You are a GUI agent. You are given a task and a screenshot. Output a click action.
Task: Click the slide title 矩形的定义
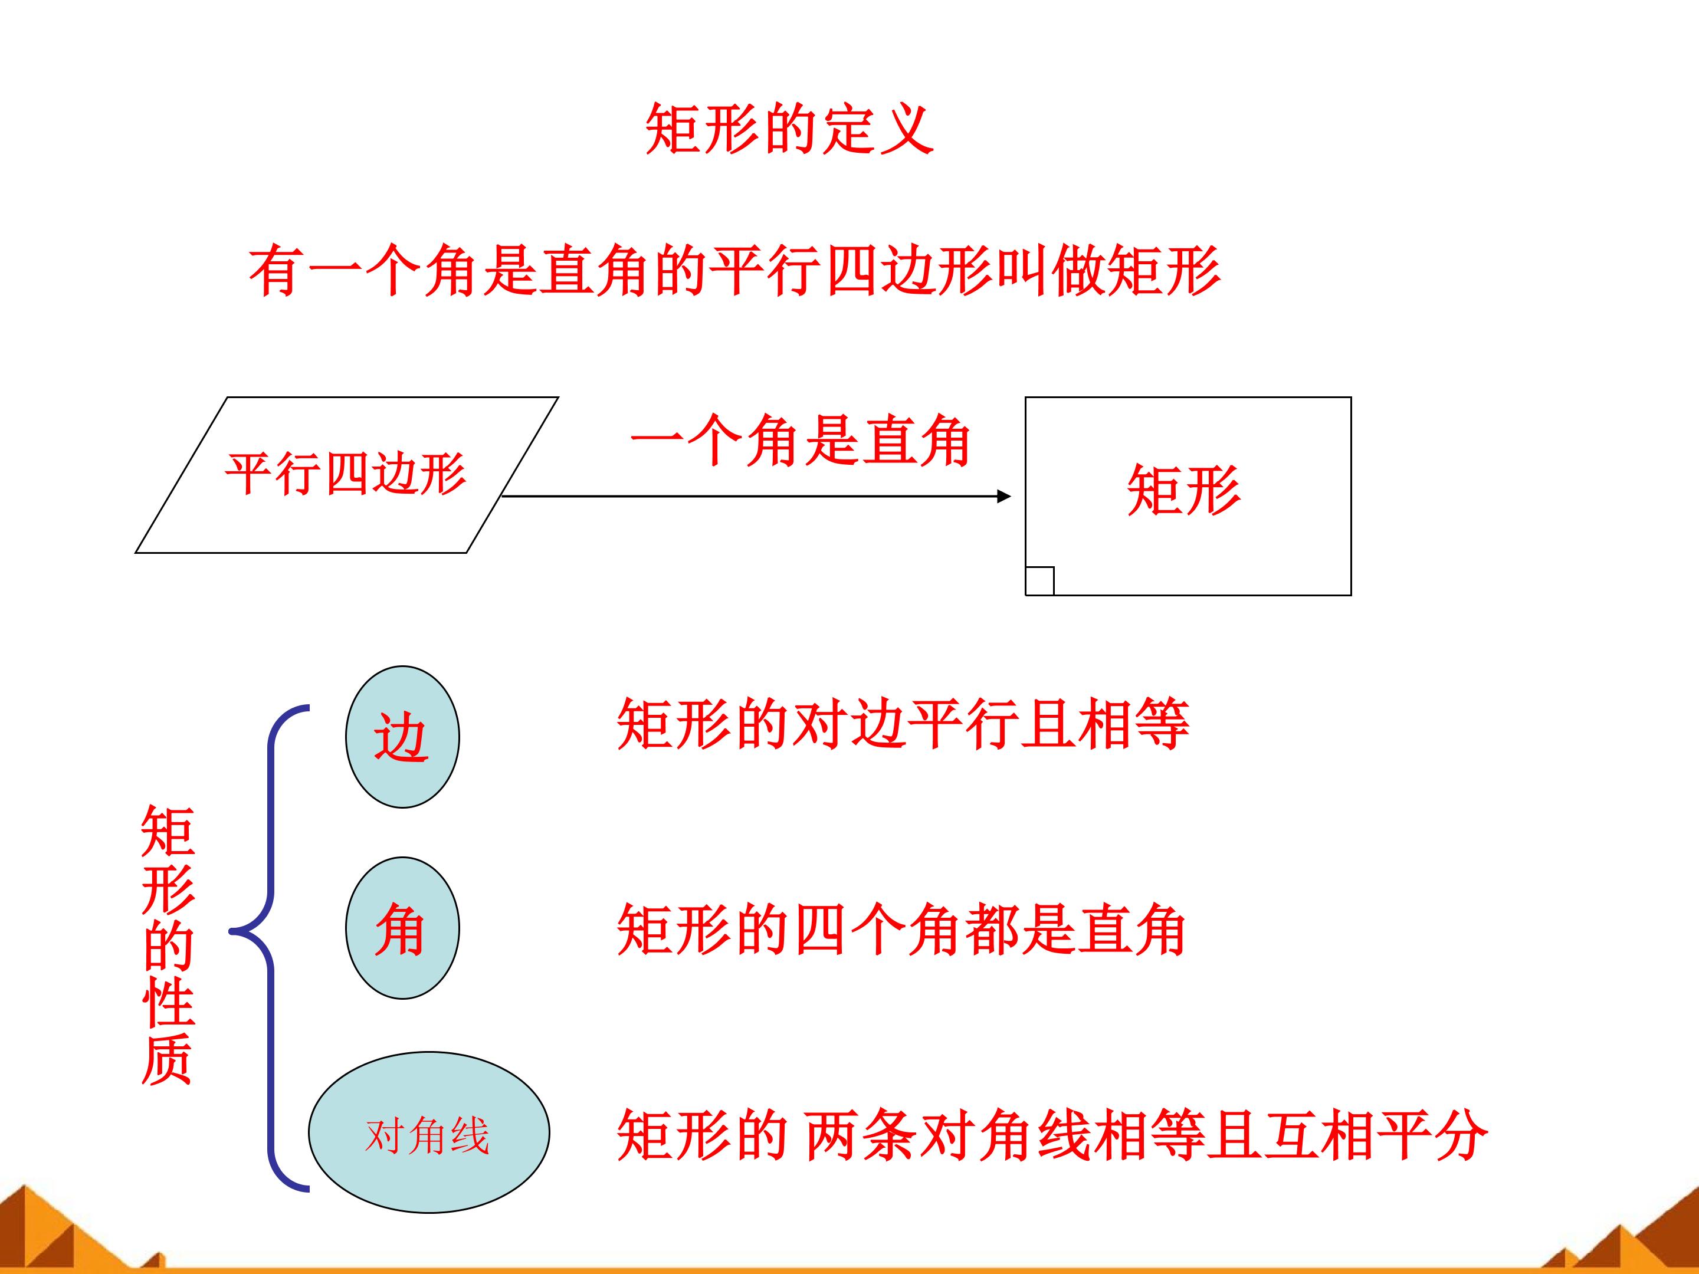tap(789, 129)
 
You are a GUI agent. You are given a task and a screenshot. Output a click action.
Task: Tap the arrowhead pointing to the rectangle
tap(1004, 496)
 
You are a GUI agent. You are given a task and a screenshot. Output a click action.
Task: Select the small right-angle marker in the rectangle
tap(1040, 580)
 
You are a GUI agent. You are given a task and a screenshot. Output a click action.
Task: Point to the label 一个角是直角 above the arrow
tap(801, 441)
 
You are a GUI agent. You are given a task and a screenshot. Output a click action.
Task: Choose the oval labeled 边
tap(402, 737)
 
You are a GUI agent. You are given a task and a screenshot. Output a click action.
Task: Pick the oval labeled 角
tap(402, 928)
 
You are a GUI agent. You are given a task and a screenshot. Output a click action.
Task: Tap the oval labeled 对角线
tap(429, 1132)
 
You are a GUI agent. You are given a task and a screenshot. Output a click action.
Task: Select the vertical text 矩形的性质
tap(168, 944)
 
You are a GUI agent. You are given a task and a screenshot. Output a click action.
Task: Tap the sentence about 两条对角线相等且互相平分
tap(1053, 1134)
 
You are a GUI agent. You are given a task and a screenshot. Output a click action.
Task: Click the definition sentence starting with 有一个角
tap(735, 270)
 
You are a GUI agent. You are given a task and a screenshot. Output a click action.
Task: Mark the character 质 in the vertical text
tap(168, 1060)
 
